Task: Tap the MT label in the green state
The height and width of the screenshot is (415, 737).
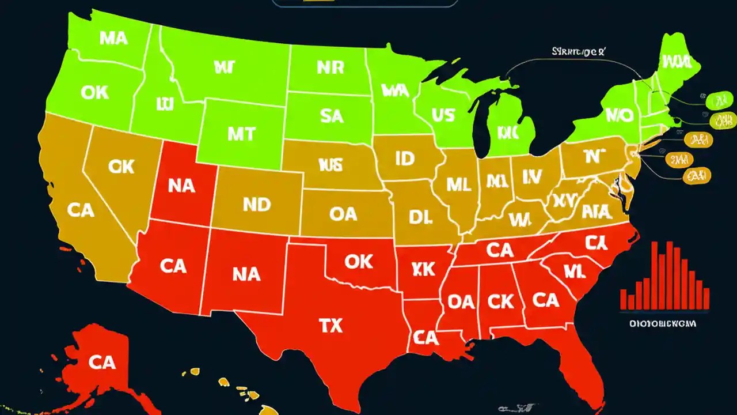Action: click(x=241, y=134)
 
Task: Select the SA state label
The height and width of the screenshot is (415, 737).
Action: click(x=331, y=116)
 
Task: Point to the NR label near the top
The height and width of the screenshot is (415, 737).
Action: click(x=330, y=67)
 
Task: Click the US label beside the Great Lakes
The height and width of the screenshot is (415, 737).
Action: click(x=443, y=116)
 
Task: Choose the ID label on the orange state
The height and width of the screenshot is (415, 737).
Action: click(x=405, y=159)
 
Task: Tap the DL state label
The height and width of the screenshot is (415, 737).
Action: click(x=416, y=217)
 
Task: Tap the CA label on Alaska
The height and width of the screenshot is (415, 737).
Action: click(x=102, y=363)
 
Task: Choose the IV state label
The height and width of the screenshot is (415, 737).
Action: click(x=531, y=178)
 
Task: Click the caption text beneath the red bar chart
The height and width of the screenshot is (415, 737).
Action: click(x=662, y=324)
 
